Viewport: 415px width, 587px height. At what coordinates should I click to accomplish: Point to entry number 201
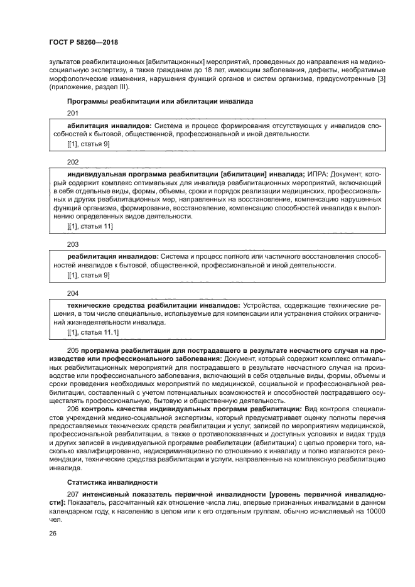tap(73, 113)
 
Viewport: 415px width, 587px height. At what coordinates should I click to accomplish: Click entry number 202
tap(73, 161)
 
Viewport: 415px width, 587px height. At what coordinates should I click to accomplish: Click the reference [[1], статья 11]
tap(90, 226)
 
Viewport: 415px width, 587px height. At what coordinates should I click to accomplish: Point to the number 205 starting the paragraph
tap(72, 349)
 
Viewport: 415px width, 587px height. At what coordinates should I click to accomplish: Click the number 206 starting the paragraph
tap(72, 409)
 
